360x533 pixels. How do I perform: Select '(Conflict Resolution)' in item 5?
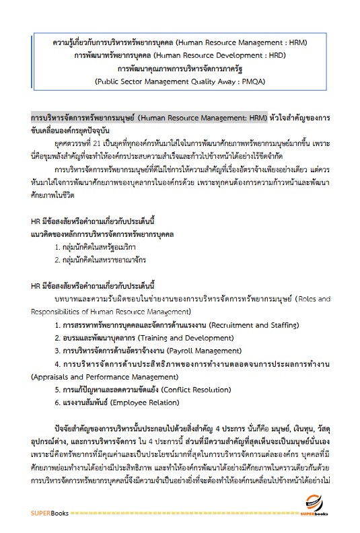point(192,389)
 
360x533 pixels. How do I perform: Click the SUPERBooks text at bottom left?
point(48,513)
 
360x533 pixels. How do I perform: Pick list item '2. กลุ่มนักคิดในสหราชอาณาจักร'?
point(101,259)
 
